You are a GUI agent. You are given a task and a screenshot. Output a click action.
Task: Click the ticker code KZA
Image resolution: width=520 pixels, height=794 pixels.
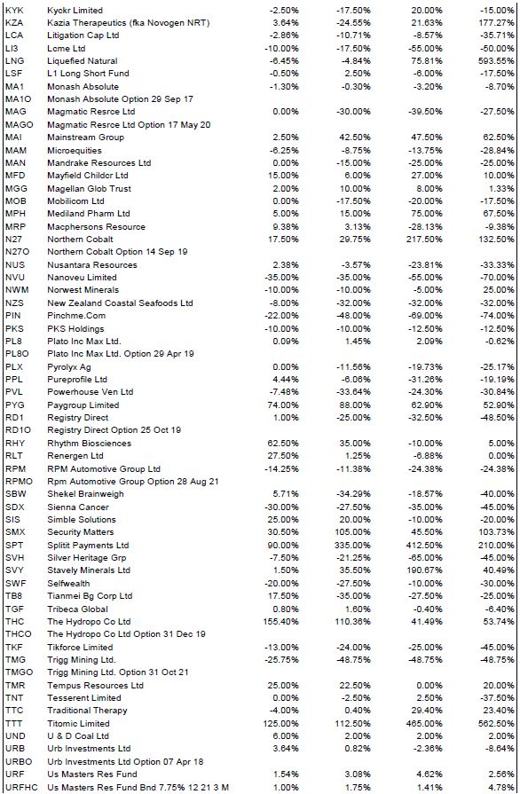pos(14,23)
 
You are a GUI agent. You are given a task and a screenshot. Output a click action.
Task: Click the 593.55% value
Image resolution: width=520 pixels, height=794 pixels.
pos(497,60)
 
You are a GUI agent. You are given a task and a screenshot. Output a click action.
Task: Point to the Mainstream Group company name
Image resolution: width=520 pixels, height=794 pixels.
pos(85,138)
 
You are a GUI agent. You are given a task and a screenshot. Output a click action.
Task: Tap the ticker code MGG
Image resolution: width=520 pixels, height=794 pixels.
pos(15,188)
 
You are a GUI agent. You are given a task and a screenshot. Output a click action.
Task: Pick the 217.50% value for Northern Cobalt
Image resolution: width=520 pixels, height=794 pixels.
pos(425,239)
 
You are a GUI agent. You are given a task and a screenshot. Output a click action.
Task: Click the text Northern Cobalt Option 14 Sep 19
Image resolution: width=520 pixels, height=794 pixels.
pos(117,252)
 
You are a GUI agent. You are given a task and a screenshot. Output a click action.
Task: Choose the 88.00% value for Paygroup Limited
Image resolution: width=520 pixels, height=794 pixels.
pos(356,405)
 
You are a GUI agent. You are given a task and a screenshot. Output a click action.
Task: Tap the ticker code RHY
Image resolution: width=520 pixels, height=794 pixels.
pos(15,443)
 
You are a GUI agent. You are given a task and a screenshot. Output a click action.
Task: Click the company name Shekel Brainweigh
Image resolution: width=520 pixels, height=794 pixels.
pos(85,494)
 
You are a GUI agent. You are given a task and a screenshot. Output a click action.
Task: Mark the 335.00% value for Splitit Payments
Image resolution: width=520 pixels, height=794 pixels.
pos(353,545)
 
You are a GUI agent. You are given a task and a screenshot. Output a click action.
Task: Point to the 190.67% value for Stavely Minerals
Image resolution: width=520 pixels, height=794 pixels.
pos(425,570)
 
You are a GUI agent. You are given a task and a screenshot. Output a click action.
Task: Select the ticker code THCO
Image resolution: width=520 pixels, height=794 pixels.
pos(18,634)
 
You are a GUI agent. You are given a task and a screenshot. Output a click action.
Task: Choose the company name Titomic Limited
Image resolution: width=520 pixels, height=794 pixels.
pos(78,723)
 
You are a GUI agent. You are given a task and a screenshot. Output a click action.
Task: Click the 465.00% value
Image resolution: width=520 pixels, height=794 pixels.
pos(425,723)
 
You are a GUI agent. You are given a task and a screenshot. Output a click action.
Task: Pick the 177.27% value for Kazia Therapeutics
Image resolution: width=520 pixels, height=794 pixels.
pos(497,23)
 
